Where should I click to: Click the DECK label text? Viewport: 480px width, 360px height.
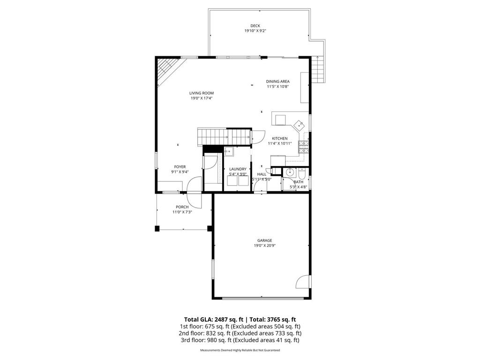[x=255, y=26]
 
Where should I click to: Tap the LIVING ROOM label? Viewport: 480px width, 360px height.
[x=202, y=93]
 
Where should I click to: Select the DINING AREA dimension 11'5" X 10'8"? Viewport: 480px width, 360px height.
[x=277, y=86]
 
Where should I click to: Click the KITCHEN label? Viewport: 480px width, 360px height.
[x=280, y=138]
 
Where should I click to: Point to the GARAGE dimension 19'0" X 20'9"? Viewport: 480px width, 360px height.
[x=264, y=245]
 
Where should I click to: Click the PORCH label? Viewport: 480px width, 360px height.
[x=182, y=207]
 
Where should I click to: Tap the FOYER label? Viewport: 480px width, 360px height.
[x=180, y=167]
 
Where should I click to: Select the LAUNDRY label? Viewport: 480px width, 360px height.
[x=238, y=169]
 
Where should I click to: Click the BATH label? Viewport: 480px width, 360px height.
[x=299, y=182]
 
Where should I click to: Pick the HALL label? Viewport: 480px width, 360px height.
[x=262, y=174]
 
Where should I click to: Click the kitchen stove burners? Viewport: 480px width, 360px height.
[x=303, y=147]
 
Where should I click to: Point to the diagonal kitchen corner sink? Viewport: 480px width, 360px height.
[x=298, y=125]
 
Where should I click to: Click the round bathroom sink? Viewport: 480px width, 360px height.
[x=289, y=172]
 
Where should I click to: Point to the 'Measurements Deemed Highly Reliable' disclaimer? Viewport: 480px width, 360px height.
[x=240, y=350]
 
